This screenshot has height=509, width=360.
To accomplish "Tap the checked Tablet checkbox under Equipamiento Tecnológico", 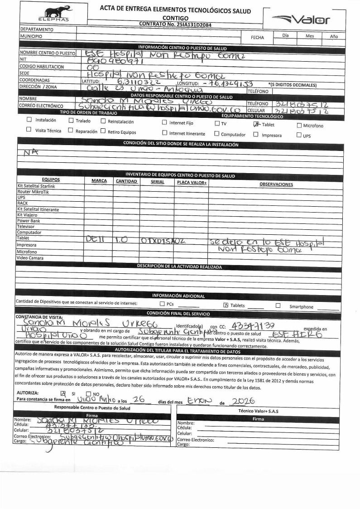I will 256,124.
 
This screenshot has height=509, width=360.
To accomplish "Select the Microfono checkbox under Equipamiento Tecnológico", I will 299,126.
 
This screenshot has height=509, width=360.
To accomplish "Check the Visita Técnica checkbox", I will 29,130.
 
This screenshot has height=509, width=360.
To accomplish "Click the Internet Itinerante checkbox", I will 164,133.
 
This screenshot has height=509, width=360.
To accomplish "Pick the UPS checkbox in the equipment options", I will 299,135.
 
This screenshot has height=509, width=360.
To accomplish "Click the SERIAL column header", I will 158,181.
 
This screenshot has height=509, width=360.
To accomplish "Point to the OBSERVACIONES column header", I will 276,184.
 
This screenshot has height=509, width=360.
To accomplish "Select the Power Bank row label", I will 29,221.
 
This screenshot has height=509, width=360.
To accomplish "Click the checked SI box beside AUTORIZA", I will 63,393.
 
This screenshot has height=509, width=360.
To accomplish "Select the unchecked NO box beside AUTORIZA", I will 89,393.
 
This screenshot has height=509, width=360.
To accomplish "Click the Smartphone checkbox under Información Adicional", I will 278,305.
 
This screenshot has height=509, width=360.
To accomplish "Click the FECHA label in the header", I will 257,38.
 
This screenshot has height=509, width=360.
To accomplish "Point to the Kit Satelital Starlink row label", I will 36,186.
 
